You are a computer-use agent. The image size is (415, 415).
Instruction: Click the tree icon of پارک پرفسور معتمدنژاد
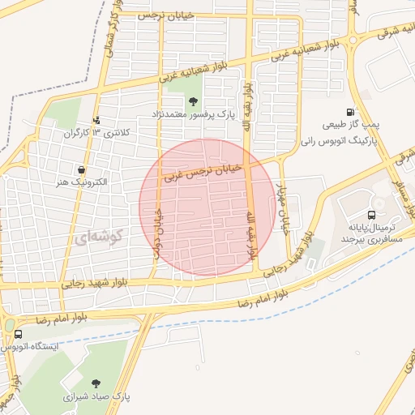tap(193, 101)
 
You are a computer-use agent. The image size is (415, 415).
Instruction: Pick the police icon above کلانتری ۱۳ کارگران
tap(98, 118)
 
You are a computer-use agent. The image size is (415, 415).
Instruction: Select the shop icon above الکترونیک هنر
tap(81, 170)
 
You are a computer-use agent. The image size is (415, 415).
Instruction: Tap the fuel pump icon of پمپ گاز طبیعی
tap(350, 113)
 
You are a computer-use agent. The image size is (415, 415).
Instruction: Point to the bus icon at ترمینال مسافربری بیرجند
tap(371, 216)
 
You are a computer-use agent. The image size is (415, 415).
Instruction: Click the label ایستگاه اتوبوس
tap(31, 346)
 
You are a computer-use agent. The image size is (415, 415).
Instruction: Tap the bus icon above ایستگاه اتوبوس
tap(18, 333)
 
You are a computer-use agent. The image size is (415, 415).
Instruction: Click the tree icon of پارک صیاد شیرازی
tap(97, 383)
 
